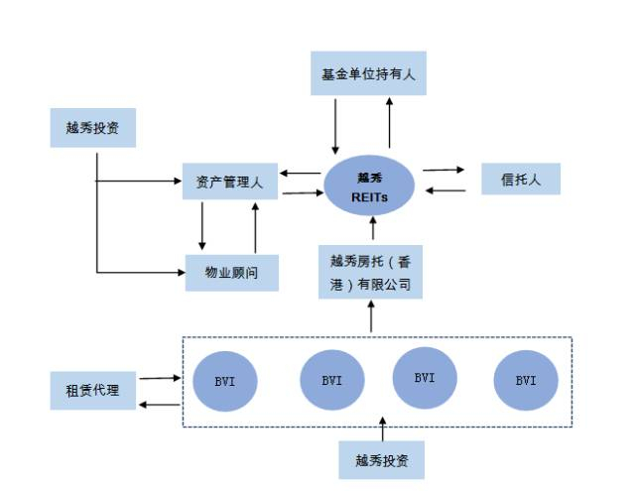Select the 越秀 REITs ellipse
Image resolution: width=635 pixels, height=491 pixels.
pyautogui.click(x=371, y=185)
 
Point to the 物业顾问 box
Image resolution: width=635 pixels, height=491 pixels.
pyautogui.click(x=231, y=272)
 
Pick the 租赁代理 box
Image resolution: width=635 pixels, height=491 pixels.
pyautogui.click(x=92, y=391)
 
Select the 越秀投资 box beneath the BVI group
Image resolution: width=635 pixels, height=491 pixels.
pyautogui.click(x=382, y=460)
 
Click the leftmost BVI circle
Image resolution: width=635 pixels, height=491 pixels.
pyautogui.click(x=226, y=380)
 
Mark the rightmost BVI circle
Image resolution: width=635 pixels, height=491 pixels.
pyautogui.click(x=525, y=380)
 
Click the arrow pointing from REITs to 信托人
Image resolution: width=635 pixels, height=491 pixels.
pyautogui.click(x=444, y=170)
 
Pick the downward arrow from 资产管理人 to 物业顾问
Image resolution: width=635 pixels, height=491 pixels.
pyautogui.click(x=202, y=226)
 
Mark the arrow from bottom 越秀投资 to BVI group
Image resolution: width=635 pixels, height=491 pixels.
pyautogui.click(x=382, y=430)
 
